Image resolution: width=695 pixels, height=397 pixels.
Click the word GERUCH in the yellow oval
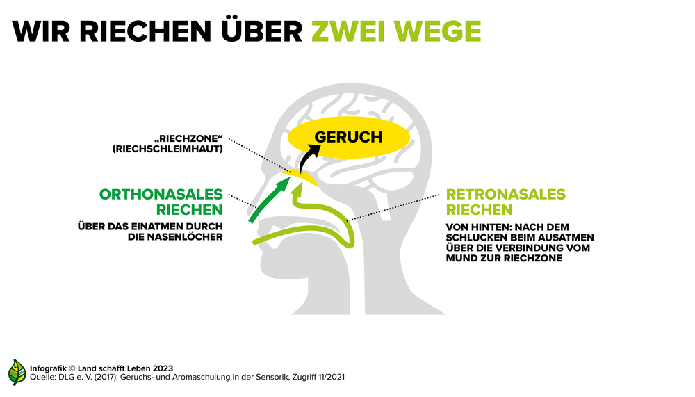tap(348, 137)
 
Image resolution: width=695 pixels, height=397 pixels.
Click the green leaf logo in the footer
tap(17, 372)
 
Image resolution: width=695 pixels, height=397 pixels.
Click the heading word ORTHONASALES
tap(161, 194)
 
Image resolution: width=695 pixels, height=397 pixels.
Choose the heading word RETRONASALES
tap(506, 194)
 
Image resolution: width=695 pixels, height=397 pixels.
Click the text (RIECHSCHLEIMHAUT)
tap(167, 149)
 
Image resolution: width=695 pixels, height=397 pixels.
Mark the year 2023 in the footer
tap(163, 368)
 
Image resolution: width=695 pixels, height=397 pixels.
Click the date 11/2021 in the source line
tap(329, 377)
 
